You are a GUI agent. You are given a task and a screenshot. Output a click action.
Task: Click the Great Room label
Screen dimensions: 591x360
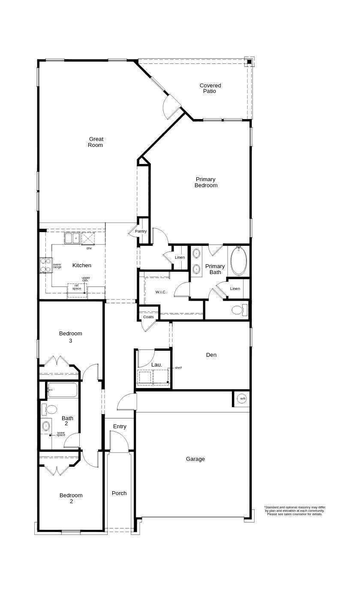[x=96, y=142]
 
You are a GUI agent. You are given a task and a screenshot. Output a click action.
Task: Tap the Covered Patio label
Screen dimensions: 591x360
[x=210, y=88]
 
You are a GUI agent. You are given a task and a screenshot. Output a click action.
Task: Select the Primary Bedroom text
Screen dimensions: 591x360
[x=206, y=182]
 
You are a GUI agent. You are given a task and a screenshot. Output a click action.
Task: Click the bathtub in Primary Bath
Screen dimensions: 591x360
[x=238, y=261]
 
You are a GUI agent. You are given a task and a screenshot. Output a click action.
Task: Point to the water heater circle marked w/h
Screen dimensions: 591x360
[x=243, y=399]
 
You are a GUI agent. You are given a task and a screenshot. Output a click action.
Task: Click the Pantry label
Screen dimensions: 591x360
[x=141, y=231]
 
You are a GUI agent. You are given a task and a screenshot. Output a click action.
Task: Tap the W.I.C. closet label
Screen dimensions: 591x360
[x=161, y=292]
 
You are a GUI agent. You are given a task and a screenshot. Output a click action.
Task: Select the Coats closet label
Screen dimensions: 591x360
[x=148, y=317]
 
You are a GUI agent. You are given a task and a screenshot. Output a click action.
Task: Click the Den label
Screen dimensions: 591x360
[x=211, y=355]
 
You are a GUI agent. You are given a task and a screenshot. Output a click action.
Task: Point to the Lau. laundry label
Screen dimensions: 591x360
[x=156, y=365]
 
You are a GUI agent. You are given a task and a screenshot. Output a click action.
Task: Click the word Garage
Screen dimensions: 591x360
[x=195, y=459]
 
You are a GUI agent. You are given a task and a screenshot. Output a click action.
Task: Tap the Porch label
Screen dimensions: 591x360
[x=119, y=493]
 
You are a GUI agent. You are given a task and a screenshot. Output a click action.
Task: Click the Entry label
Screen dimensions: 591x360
[x=120, y=426]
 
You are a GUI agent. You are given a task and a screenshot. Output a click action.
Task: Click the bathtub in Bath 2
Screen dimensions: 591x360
[x=62, y=390]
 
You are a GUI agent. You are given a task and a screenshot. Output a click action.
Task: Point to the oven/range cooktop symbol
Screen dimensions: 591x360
[x=45, y=266]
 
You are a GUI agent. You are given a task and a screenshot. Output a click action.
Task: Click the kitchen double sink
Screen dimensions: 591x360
[x=72, y=239]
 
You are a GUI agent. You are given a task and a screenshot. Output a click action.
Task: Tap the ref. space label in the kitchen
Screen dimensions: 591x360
[x=77, y=287]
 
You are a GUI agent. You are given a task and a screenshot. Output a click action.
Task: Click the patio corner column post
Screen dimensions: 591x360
[x=249, y=62]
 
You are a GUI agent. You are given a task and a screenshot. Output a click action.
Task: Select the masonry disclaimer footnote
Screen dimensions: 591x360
[x=294, y=510]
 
